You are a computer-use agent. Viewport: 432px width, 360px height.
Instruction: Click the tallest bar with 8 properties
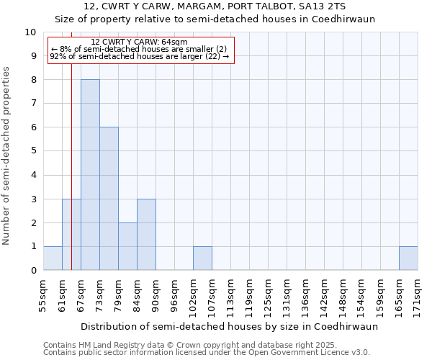pyautogui.click(x=90, y=175)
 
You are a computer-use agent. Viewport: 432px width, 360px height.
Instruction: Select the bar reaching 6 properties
pyautogui.click(x=109, y=199)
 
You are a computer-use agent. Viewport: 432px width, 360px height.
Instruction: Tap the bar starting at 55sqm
pyautogui.click(x=53, y=258)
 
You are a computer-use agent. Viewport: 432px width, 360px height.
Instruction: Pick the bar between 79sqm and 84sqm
pyautogui.click(x=127, y=246)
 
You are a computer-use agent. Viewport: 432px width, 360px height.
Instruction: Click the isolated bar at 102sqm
pyautogui.click(x=202, y=258)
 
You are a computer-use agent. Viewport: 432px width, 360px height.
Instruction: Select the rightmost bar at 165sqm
pyautogui.click(x=408, y=258)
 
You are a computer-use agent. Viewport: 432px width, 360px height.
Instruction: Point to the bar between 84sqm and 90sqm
pyautogui.click(x=146, y=235)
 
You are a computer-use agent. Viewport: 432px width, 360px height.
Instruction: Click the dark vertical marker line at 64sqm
pyautogui.click(x=72, y=180)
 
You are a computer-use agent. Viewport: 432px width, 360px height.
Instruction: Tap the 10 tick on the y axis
pyautogui.click(x=31, y=32)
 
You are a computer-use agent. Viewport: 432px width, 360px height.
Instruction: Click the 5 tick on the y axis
pyautogui.click(x=33, y=151)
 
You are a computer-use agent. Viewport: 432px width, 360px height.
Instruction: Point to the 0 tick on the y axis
pyautogui.click(x=33, y=271)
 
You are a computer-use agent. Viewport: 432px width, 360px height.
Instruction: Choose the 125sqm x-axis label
pyautogui.click(x=268, y=295)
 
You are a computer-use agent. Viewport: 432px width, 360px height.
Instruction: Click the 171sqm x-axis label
pyautogui.click(x=418, y=295)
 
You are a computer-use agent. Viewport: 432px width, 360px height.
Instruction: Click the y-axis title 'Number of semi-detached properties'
pyautogui.click(x=7, y=156)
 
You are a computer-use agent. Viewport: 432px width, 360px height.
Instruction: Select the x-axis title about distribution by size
pyautogui.click(x=229, y=326)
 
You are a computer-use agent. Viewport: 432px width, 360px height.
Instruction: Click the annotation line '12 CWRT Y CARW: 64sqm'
pyautogui.click(x=140, y=42)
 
